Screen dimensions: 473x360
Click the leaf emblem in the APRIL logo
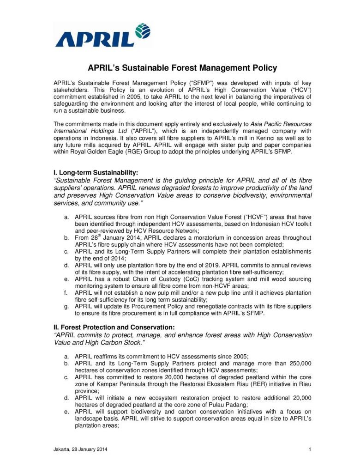point(142,32)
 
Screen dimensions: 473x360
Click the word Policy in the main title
point(261,68)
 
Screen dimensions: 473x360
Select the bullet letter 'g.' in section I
point(67,306)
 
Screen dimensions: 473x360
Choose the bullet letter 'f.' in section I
point(67,292)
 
